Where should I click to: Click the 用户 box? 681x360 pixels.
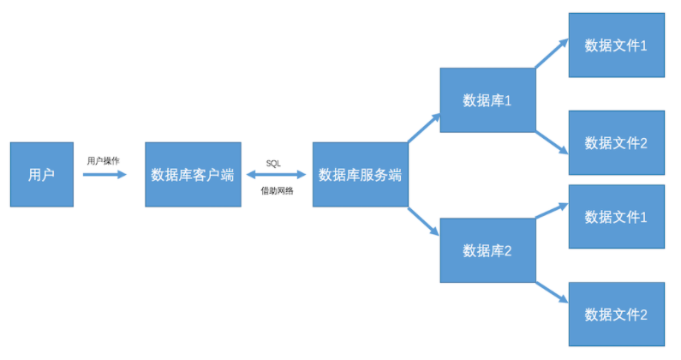(41, 174)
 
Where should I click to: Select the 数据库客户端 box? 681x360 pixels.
(193, 174)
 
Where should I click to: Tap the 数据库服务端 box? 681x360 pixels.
(360, 174)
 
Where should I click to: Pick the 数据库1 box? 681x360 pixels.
(487, 100)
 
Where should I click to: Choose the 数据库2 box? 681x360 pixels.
(487, 250)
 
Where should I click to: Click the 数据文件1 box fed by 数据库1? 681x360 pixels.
(616, 45)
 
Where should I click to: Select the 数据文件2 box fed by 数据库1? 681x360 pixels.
(616, 142)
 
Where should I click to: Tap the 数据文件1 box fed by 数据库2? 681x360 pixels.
(616, 216)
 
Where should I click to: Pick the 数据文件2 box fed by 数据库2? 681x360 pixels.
(616, 314)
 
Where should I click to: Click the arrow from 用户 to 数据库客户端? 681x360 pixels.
(105, 174)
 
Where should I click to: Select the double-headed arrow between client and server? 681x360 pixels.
(277, 174)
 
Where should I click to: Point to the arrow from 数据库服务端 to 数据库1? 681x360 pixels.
(423, 128)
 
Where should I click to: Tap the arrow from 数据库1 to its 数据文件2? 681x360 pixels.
(552, 141)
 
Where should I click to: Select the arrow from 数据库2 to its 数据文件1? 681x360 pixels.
(552, 212)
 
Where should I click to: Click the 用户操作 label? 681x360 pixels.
(105, 159)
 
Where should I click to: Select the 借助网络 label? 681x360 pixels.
(277, 190)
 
